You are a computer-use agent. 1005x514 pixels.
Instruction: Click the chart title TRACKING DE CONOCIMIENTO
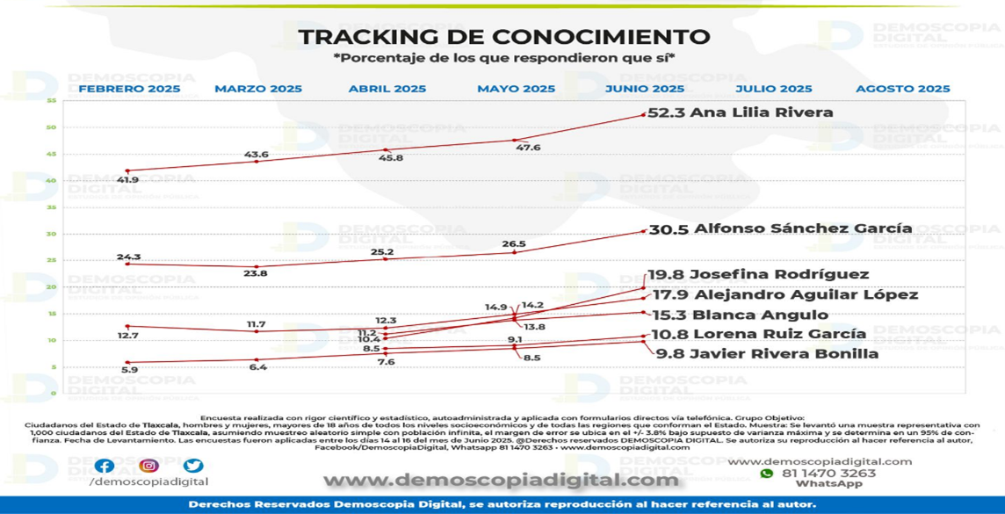pyautogui.click(x=503, y=37)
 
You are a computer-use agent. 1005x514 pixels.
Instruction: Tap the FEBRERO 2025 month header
pyautogui.click(x=129, y=89)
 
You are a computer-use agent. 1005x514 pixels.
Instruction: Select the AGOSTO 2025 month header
pyautogui.click(x=902, y=89)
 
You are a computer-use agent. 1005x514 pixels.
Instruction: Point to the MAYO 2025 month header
pyautogui.click(x=516, y=89)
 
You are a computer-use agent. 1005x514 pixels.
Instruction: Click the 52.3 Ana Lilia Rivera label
pyautogui.click(x=740, y=112)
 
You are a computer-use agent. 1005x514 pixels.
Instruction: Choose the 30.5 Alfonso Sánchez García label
pyautogui.click(x=779, y=228)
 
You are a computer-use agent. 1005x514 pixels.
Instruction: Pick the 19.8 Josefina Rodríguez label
pyautogui.click(x=758, y=274)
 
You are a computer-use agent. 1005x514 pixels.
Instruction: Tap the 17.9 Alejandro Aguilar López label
pyautogui.click(x=783, y=294)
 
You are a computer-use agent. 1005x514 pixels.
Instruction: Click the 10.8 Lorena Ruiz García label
pyautogui.click(x=757, y=334)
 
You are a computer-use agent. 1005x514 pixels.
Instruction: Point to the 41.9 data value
pyautogui.click(x=127, y=180)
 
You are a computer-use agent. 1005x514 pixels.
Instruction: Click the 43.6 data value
pyautogui.click(x=256, y=155)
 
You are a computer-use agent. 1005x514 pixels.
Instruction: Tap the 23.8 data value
pyautogui.click(x=256, y=273)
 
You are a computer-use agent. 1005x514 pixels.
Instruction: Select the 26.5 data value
pyautogui.click(x=514, y=243)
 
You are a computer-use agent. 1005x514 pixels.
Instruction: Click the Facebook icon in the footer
pyautogui.click(x=104, y=467)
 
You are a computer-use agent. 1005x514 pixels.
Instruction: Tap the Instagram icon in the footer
pyautogui.click(x=148, y=467)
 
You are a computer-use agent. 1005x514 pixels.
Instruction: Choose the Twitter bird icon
pyautogui.click(x=193, y=467)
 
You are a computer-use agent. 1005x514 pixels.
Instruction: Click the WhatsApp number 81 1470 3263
pyautogui.click(x=828, y=474)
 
